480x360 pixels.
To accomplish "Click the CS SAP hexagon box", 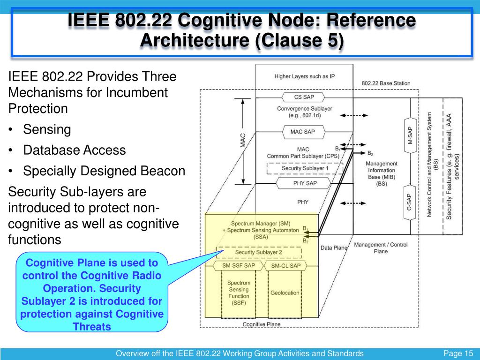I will (304, 97).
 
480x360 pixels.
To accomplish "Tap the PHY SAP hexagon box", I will (305, 183).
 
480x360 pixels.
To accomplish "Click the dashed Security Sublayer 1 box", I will (305, 168).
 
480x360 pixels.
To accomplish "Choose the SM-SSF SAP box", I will (242, 266).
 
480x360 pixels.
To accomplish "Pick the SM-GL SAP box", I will (285, 266).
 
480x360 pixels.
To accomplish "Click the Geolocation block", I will (285, 293).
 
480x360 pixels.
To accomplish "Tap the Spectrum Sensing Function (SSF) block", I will (239, 293).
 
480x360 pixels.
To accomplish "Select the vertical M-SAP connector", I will (410, 135).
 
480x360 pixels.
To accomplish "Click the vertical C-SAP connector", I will (410, 202).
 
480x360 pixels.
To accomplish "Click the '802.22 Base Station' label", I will (386, 83).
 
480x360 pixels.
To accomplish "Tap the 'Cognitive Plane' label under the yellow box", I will (261, 324).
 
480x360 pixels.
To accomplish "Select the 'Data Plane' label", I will (334, 247).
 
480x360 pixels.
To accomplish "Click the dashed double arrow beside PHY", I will (349, 202).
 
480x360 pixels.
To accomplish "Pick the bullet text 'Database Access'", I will (75, 150).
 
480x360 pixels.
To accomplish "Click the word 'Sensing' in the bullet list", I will (47, 129).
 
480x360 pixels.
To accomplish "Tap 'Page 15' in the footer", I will (458, 353).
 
